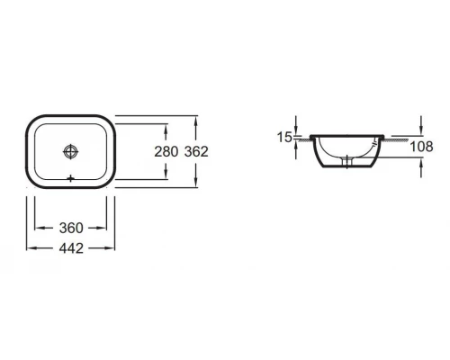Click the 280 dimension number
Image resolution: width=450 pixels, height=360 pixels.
pyautogui.click(x=166, y=151)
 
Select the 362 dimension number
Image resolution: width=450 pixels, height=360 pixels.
pyautogui.click(x=196, y=151)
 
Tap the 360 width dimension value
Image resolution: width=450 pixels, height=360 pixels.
pyautogui.click(x=71, y=228)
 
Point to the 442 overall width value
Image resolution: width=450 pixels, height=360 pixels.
pyautogui.click(x=71, y=248)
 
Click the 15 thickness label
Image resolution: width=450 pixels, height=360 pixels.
pyautogui.click(x=284, y=137)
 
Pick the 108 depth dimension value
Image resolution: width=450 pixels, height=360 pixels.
pyautogui.click(x=421, y=147)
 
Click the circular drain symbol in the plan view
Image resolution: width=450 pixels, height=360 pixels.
pyautogui.click(x=70, y=151)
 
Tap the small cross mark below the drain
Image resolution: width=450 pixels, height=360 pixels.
pyautogui.click(x=70, y=178)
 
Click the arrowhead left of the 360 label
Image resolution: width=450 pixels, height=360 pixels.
pyautogui.click(x=40, y=228)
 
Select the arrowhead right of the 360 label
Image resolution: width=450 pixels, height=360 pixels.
pyautogui.click(x=102, y=228)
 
